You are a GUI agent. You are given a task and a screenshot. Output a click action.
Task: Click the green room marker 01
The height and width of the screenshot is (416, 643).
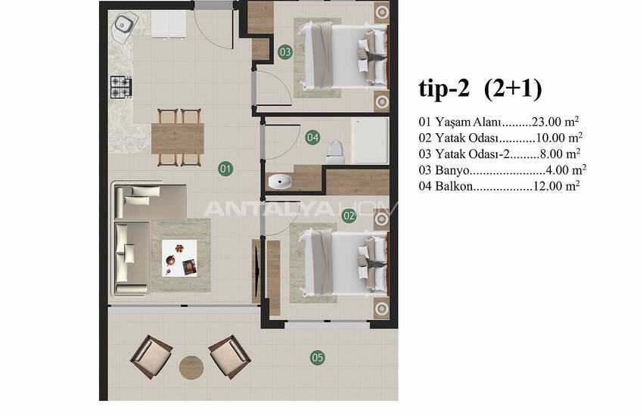[225, 169]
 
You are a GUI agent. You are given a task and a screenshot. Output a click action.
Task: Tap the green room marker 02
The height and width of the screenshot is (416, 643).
[349, 216]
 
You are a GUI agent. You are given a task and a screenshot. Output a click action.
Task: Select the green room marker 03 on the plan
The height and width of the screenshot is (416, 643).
[285, 52]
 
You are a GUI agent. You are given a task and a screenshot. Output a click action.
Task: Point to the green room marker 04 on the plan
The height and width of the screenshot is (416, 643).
[312, 138]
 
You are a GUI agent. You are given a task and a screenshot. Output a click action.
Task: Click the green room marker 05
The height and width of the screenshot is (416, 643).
[318, 358]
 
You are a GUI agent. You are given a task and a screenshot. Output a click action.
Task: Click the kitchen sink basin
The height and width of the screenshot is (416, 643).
[123, 26]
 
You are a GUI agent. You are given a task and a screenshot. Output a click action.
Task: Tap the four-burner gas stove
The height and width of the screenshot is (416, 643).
[121, 87]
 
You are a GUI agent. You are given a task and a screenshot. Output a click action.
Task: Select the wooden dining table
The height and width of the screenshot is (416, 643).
[178, 138]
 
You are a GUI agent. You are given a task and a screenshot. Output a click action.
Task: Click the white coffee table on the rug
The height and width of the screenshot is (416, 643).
[179, 258]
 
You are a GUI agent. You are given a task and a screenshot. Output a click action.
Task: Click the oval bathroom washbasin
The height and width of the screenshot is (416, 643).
[280, 181]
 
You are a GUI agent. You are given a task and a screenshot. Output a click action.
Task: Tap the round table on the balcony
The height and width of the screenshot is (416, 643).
[191, 368]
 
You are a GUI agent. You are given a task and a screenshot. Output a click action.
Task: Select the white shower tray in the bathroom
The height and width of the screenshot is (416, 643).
[369, 141]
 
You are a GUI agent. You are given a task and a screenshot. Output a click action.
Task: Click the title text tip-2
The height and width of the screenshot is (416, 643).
[443, 88]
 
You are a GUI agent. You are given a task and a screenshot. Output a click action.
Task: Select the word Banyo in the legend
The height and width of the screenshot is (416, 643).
[452, 170]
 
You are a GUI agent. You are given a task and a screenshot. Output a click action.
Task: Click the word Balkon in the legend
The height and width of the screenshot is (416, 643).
[454, 187]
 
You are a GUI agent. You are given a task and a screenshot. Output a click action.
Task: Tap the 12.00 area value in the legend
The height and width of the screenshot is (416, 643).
[547, 187]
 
